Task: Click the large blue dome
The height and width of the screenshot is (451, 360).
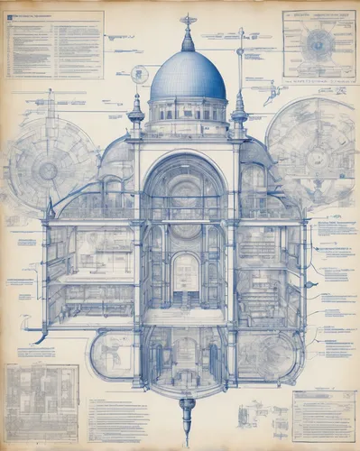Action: (188, 78)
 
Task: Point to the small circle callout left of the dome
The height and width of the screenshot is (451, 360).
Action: (139, 74)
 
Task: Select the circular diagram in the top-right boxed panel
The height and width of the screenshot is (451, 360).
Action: (318, 44)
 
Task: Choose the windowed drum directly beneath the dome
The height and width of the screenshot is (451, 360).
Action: (188, 111)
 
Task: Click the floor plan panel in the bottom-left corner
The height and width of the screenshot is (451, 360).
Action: (42, 401)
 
